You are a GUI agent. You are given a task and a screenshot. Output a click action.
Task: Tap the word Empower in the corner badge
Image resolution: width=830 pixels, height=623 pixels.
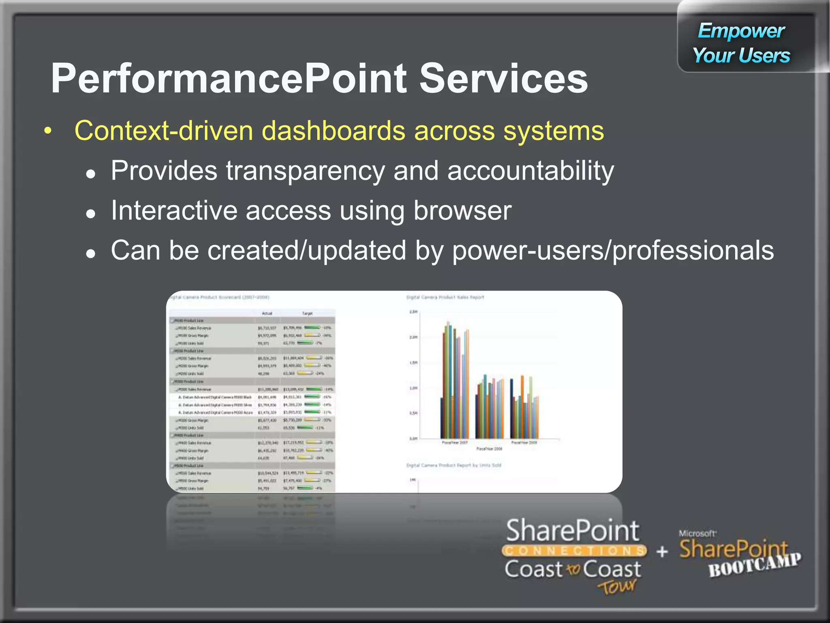point(741,31)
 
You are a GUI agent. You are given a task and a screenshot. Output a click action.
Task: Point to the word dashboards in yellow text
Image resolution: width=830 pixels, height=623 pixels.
point(333,131)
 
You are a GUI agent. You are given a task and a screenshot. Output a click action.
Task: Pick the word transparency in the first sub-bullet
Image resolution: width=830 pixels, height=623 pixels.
point(305,171)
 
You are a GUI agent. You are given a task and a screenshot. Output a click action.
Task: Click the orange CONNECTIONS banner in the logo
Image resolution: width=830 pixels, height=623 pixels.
point(574,551)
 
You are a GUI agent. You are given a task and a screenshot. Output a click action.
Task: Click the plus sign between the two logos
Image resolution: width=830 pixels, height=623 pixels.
point(662,552)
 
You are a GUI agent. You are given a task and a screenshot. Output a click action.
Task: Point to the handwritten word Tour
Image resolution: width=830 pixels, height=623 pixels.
point(617,586)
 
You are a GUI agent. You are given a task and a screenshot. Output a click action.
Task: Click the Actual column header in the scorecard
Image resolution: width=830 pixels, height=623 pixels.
point(267,314)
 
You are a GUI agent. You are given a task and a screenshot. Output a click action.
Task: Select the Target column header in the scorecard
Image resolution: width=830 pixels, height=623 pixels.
point(307,314)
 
